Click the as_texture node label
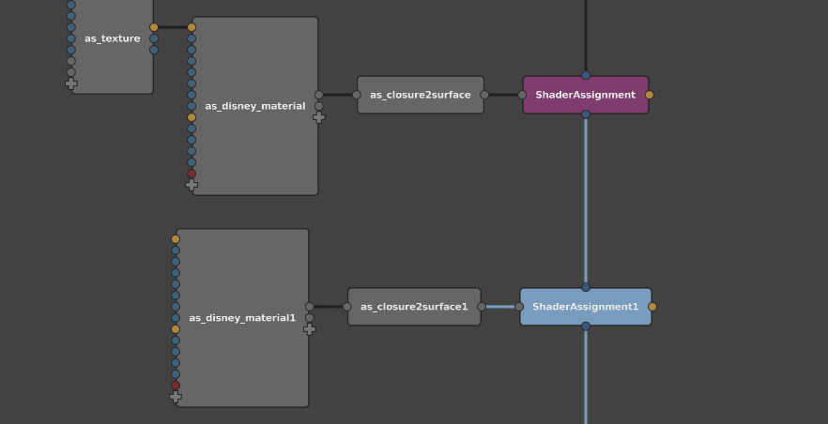click(113, 38)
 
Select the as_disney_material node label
click(255, 106)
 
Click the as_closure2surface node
click(421, 95)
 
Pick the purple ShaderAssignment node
click(586, 95)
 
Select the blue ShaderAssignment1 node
click(586, 307)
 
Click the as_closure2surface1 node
click(414, 307)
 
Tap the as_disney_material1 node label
click(242, 318)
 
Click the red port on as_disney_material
click(192, 174)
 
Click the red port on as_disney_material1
click(176, 386)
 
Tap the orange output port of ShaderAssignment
click(650, 95)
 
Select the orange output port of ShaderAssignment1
click(652, 307)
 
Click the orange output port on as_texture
click(154, 27)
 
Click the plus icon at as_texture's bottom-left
click(71, 83)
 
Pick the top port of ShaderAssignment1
click(586, 287)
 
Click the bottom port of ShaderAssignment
click(586, 114)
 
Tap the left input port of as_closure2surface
click(357, 95)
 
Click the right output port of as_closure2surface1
click(481, 307)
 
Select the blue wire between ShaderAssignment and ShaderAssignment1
click(586, 201)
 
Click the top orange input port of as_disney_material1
click(176, 239)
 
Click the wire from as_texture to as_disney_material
click(173, 27)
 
